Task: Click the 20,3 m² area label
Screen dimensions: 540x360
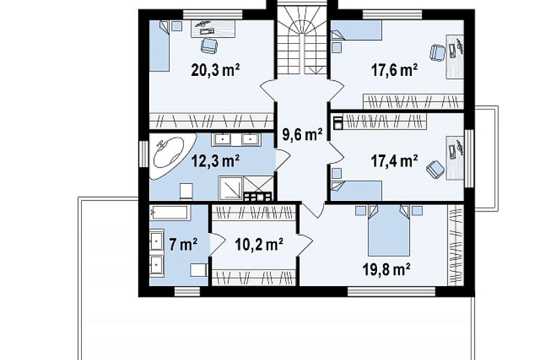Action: [x=215, y=70]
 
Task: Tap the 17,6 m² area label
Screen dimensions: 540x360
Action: [x=395, y=70]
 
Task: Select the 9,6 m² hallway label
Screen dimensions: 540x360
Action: [x=302, y=134]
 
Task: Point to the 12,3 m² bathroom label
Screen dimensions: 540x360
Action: [x=215, y=160]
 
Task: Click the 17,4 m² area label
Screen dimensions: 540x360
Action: [x=395, y=160]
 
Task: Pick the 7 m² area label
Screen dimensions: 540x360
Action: [x=183, y=245]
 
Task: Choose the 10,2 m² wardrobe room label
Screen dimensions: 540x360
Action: [x=259, y=245]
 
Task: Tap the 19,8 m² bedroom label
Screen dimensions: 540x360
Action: [x=386, y=270]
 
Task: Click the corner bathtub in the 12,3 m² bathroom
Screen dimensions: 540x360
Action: [x=171, y=156]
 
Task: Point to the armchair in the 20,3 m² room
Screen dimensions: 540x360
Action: [x=209, y=45]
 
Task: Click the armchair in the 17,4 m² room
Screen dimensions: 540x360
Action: [x=435, y=170]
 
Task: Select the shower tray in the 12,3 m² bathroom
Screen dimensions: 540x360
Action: [x=231, y=188]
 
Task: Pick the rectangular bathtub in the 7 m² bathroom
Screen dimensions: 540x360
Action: [x=169, y=213]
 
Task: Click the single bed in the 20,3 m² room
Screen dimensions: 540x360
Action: [x=160, y=46]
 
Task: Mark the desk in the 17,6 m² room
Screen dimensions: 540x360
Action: [x=456, y=56]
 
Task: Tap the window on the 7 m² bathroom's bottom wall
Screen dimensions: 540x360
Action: [x=187, y=292]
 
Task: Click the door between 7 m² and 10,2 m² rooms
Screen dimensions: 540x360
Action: [x=215, y=245]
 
